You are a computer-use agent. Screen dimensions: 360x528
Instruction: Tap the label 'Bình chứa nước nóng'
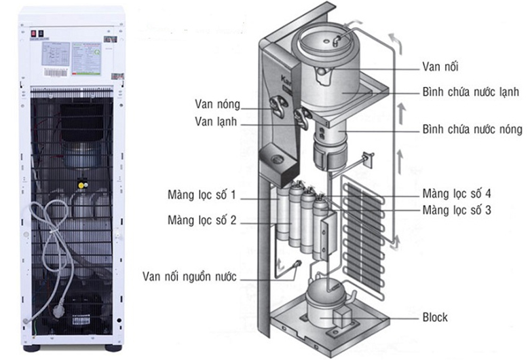click(472, 129)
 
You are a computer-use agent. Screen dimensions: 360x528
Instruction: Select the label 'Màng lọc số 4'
click(456, 194)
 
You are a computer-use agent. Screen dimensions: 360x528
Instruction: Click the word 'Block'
click(435, 317)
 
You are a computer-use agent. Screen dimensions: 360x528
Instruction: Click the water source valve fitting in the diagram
click(296, 264)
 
